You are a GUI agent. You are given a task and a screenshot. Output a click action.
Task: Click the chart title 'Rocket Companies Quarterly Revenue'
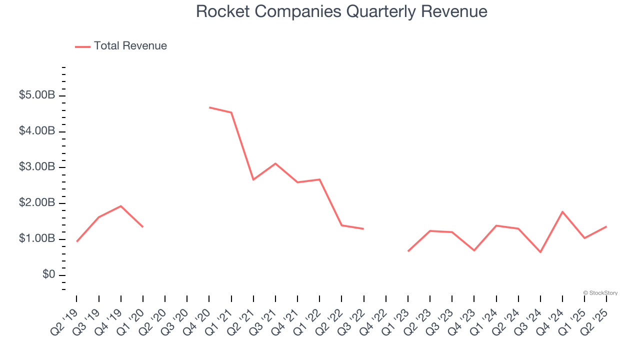pos(341,11)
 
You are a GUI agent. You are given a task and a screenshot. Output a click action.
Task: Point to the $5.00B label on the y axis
pos(37,95)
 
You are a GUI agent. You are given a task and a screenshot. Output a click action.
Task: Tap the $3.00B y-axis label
pos(37,166)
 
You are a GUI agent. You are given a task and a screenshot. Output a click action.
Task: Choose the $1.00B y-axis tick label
pos(37,238)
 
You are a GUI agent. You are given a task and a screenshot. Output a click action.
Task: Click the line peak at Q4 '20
pos(209,107)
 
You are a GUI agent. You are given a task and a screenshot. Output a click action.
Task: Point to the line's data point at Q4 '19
pos(121,206)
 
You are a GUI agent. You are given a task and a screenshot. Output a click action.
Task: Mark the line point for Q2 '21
pos(253,179)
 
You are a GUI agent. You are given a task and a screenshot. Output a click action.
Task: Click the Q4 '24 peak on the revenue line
pos(562,211)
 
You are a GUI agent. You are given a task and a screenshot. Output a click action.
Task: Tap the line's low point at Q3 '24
pos(540,252)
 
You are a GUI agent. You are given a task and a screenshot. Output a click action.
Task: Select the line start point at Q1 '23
pos(408,251)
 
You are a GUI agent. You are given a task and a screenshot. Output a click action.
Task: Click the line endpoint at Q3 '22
pos(363,229)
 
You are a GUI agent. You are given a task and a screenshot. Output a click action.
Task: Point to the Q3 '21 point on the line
pos(275,163)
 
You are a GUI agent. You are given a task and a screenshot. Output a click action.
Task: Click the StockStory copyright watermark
pos(600,293)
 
